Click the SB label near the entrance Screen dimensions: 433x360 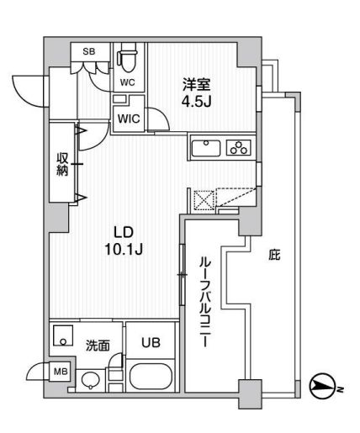[88, 51]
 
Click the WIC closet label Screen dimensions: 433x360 [129, 119]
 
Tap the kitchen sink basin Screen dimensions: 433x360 [207, 148]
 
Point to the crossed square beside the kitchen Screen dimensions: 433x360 [205, 201]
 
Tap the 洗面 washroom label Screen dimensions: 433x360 [99, 345]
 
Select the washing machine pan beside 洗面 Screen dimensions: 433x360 [63, 339]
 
